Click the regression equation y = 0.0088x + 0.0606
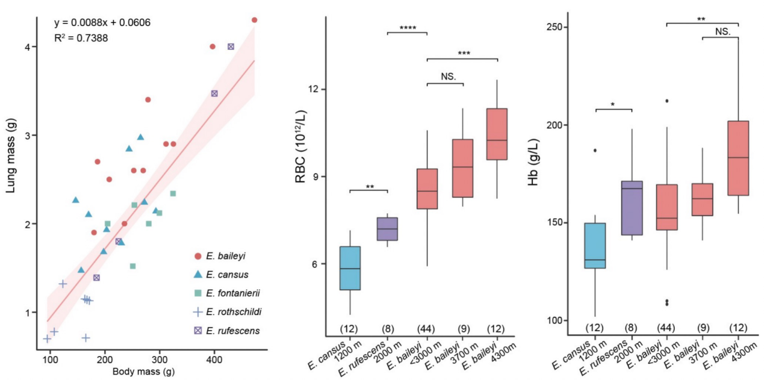coord(102,23)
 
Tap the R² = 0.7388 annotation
coord(81,37)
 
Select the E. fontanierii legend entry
coord(227,293)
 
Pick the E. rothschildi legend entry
coord(228,312)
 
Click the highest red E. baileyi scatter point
coord(255,20)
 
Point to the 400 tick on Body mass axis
coord(214,360)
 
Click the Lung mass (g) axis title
coord(11,155)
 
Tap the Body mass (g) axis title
coord(144,372)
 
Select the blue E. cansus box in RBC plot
coord(350,268)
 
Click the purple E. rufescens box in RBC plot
coord(387,229)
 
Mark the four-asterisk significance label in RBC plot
coord(408,28)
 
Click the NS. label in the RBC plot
coord(448,76)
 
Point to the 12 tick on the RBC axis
coord(314,89)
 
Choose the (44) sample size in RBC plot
coord(426,329)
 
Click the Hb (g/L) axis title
coord(533,162)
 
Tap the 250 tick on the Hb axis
coord(554,27)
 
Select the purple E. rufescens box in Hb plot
coord(632,208)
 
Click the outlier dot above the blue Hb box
coord(595,151)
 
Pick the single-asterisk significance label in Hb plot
coord(613,104)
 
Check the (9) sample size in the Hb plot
coord(703,328)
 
